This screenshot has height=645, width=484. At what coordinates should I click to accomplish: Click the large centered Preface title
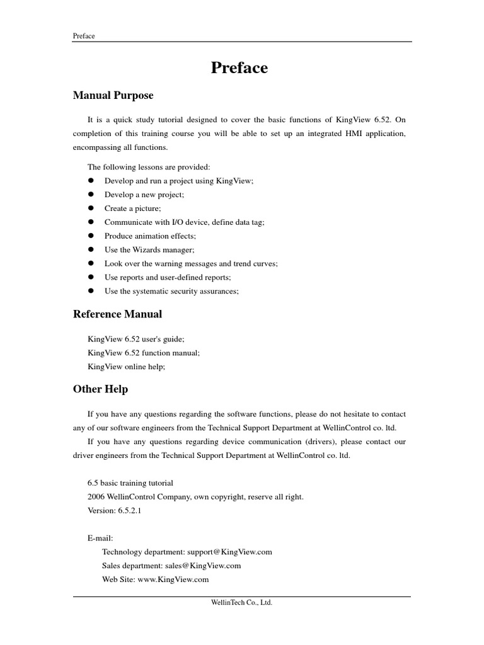click(x=239, y=68)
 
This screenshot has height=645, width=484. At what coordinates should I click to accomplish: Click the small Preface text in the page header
click(x=84, y=36)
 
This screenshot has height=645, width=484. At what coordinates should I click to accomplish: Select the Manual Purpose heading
click(x=113, y=96)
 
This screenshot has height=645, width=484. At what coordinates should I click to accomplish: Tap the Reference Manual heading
click(x=117, y=314)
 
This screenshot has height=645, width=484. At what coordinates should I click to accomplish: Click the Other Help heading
click(x=100, y=389)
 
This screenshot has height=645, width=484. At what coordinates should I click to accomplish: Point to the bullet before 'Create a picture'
click(x=91, y=208)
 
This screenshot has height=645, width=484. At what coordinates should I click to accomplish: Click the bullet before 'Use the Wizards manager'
click(x=91, y=249)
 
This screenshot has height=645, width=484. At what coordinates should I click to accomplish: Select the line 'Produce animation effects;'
click(x=150, y=236)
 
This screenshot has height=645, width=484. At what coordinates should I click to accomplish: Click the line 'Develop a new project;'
click(x=144, y=195)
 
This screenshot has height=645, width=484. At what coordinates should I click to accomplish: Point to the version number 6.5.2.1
click(x=129, y=511)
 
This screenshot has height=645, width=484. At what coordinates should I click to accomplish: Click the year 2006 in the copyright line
click(x=96, y=497)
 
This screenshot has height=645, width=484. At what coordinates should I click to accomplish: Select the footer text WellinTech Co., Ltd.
click(x=241, y=603)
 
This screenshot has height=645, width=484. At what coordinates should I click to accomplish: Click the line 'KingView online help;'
click(x=127, y=367)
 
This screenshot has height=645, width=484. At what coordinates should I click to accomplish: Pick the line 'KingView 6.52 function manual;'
click(x=144, y=353)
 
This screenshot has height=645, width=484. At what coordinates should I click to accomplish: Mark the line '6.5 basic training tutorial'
click(x=130, y=483)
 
